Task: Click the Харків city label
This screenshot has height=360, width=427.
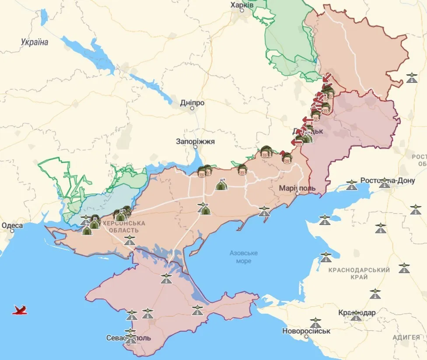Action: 241,4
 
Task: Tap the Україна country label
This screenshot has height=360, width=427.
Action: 34,42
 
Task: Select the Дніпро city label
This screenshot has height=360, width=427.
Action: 192,103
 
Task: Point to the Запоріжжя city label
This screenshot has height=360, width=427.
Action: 195,142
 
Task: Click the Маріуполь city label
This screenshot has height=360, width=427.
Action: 297,188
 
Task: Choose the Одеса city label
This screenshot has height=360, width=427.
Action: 12,226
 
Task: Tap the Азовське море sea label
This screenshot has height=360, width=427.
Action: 244,257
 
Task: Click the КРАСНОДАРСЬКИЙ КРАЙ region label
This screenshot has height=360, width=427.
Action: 359,274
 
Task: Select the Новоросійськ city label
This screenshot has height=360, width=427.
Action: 306,331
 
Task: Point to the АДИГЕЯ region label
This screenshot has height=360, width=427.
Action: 406,337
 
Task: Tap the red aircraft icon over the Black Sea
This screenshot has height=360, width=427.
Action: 20,310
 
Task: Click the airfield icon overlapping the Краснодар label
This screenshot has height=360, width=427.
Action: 356,315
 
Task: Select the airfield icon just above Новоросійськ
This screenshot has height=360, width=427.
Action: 315,323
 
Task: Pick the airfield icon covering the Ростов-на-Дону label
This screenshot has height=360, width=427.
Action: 384,182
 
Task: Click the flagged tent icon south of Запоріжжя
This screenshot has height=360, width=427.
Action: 221,185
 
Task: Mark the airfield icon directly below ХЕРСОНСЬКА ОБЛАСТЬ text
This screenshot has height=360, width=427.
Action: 129,240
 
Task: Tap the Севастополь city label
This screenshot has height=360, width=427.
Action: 129,338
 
